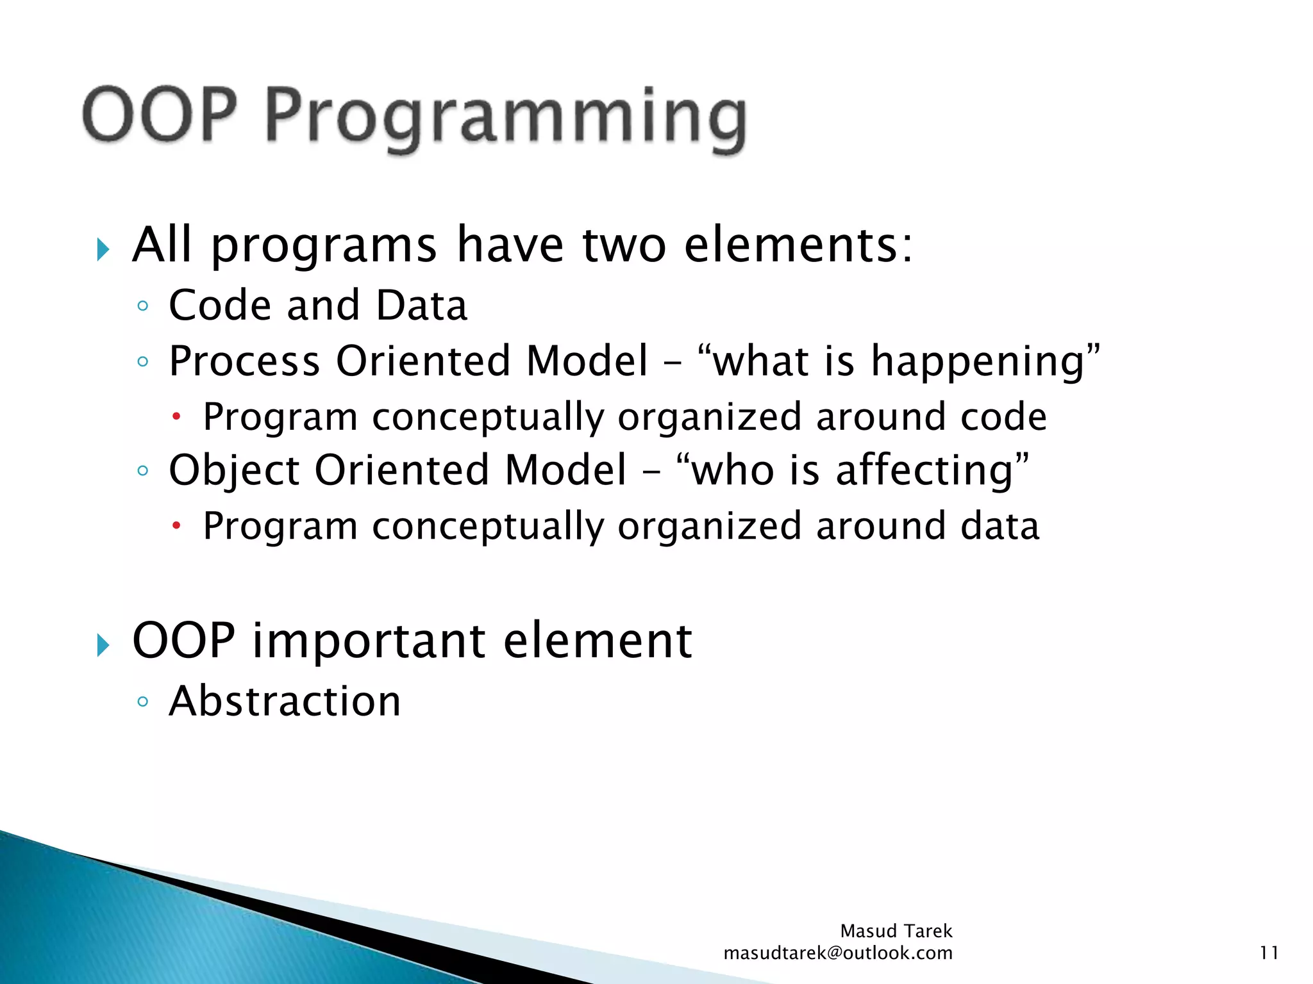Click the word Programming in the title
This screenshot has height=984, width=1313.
coord(505,119)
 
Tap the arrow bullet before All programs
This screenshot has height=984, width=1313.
coord(103,249)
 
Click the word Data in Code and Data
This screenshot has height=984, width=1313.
coord(421,305)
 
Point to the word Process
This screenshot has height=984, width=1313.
coord(244,361)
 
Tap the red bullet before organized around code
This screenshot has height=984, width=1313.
coord(177,418)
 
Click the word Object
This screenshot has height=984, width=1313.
coord(234,470)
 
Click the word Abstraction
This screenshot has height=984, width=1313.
coord(285,701)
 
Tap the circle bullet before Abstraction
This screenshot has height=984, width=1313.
coord(142,701)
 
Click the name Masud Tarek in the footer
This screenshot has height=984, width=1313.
coord(896,931)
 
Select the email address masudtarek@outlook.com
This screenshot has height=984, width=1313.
coord(837,953)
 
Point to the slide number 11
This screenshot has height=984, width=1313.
coord(1269,953)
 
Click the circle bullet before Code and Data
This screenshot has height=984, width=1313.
coord(142,306)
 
